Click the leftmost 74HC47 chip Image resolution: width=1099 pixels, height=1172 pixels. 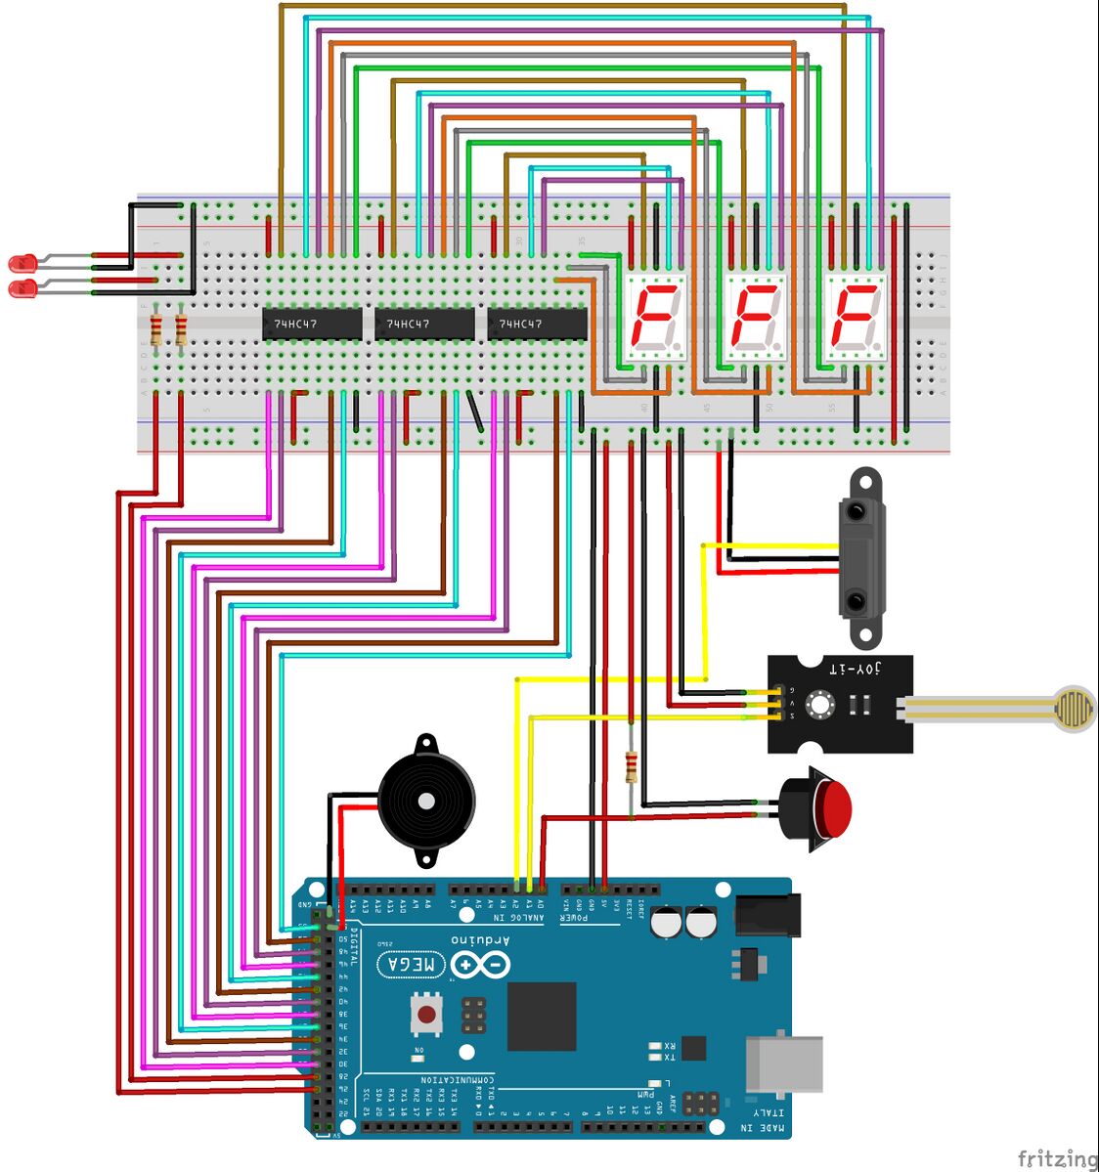[311, 324]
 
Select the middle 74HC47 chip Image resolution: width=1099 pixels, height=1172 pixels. [424, 324]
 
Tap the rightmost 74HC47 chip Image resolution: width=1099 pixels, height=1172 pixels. [537, 324]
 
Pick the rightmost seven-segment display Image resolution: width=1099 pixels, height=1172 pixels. [856, 317]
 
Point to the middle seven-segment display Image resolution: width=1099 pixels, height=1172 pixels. [756, 317]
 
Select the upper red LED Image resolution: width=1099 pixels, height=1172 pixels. [22, 263]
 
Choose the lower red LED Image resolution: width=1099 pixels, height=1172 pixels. [22, 288]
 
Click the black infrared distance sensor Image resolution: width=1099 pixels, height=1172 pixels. [860, 557]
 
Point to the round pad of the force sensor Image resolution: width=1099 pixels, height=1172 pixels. [1073, 704]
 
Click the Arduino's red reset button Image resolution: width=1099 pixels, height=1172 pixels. [426, 1015]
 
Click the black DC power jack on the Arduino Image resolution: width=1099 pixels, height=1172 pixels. [767, 916]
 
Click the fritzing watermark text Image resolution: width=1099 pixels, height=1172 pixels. [1057, 1159]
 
